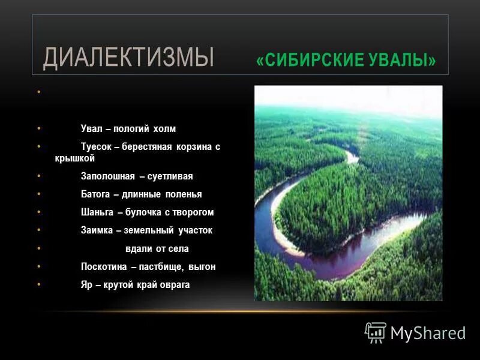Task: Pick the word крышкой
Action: [x=74, y=159]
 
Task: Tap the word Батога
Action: [x=95, y=194]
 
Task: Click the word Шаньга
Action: [x=96, y=212]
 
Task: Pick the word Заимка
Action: [x=96, y=230]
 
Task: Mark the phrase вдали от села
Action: [x=157, y=248]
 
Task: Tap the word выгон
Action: [x=202, y=266]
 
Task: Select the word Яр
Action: [x=86, y=284]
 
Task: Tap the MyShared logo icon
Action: [x=376, y=332]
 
